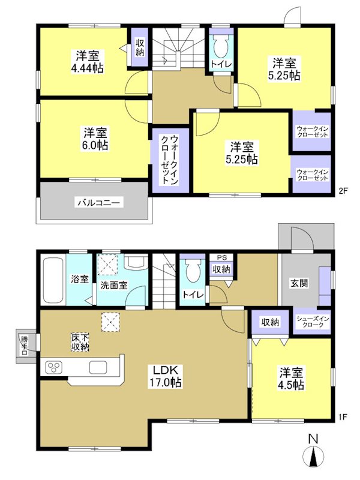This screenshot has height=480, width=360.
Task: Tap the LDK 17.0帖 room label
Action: coord(167,375)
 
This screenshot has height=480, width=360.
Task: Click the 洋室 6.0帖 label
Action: coord(95,138)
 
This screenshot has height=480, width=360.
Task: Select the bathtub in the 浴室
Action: coord(54,280)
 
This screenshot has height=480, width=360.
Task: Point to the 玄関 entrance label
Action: coord(301,283)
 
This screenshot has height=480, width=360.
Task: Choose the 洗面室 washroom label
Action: coord(113,286)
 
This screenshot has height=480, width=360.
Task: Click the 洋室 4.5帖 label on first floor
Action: coord(290,378)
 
